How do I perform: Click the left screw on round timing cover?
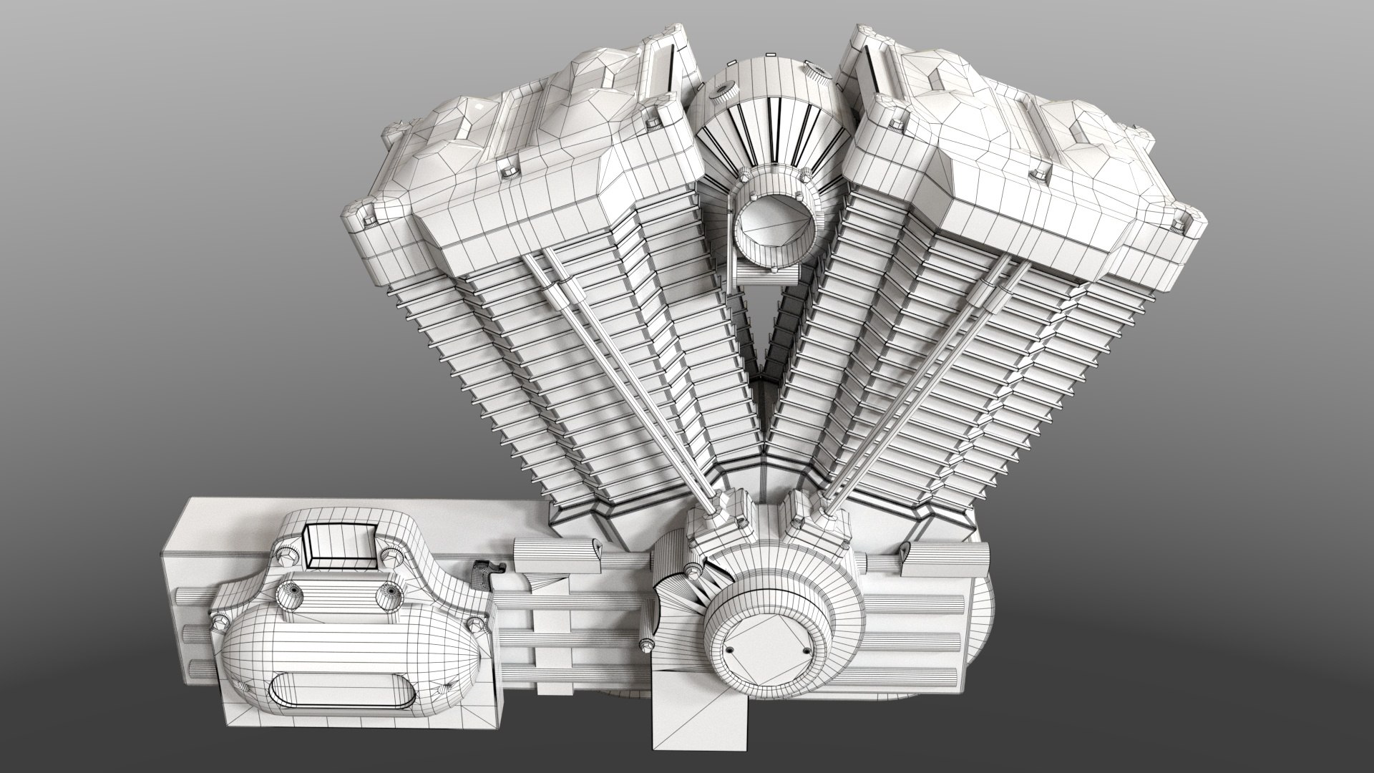(729, 649)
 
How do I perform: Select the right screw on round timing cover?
(806, 650)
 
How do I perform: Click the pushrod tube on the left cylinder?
(623, 379)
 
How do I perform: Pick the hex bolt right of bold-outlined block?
(391, 555)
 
